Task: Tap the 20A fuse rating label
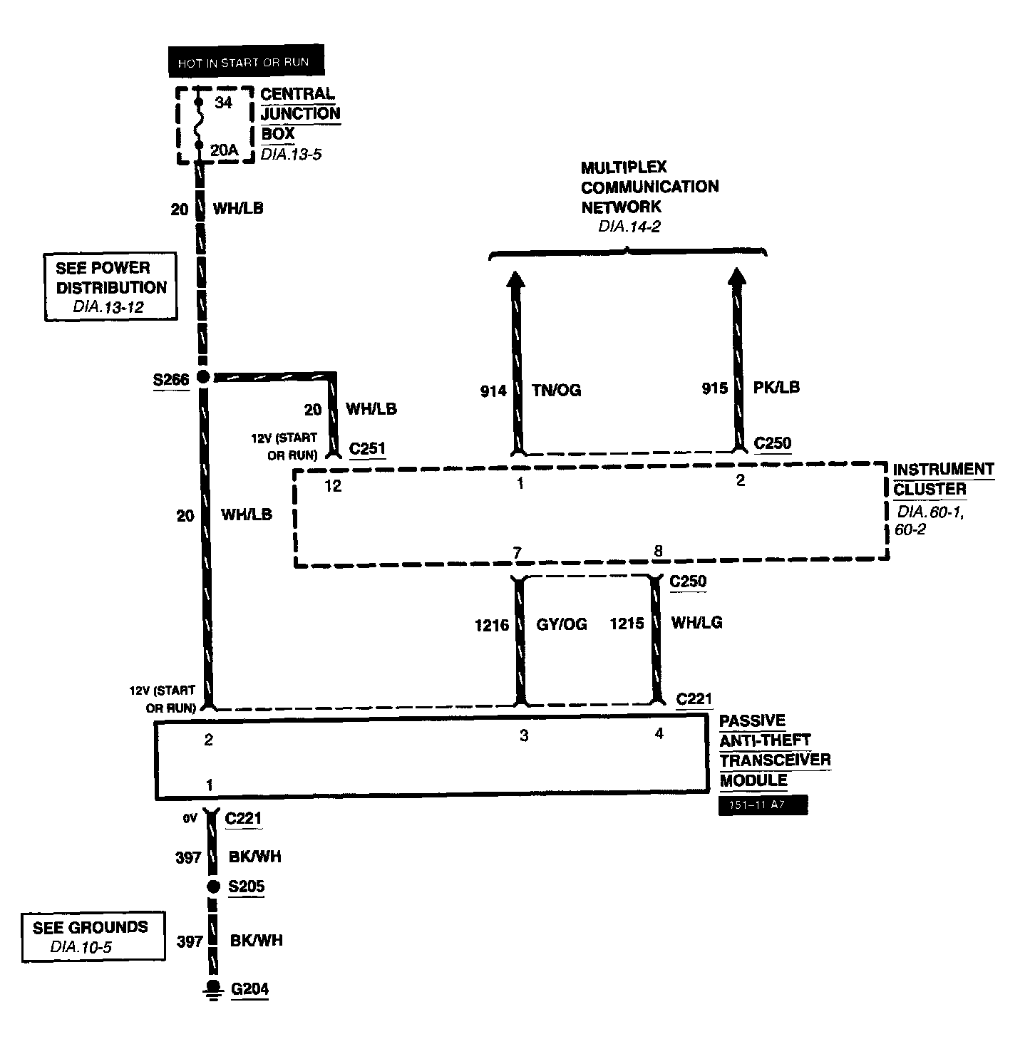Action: [x=223, y=150]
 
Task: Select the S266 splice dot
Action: [x=203, y=377]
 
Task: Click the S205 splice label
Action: [x=246, y=887]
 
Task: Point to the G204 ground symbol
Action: [x=212, y=988]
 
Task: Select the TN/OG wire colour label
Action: [x=556, y=391]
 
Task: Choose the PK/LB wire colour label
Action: [x=776, y=388]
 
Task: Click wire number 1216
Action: [x=492, y=626]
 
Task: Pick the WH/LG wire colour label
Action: [x=696, y=623]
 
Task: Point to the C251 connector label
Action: [x=367, y=449]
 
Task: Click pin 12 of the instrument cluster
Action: [x=332, y=486]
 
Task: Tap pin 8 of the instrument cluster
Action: [x=658, y=551]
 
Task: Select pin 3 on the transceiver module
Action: [x=523, y=735]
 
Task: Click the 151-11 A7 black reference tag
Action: [x=763, y=805]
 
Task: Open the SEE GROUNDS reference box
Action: [x=91, y=936]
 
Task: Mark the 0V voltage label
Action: [x=189, y=820]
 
